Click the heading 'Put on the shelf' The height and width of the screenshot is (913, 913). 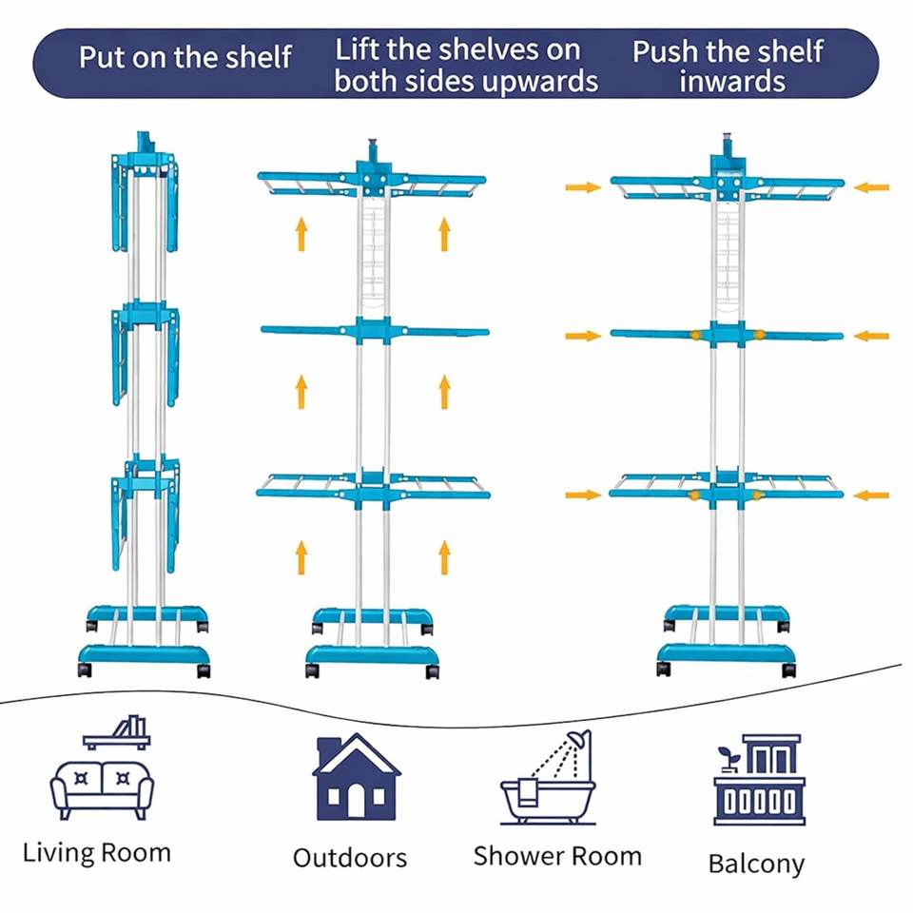[x=185, y=57]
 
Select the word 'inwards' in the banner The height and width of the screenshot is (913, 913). [x=731, y=81]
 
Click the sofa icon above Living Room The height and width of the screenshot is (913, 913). [x=102, y=787]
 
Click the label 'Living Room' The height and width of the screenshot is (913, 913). [x=97, y=851]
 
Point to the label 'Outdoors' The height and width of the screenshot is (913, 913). [x=349, y=858]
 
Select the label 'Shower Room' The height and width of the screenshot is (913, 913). [x=557, y=855]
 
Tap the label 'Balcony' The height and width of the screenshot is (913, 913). [x=756, y=864]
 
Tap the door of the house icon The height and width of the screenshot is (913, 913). [x=356, y=803]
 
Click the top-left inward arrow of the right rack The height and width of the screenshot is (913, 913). [x=583, y=187]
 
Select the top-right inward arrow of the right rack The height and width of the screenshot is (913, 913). [x=870, y=187]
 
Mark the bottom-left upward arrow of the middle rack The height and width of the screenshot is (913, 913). [x=301, y=556]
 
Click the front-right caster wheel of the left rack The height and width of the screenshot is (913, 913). [x=204, y=670]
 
